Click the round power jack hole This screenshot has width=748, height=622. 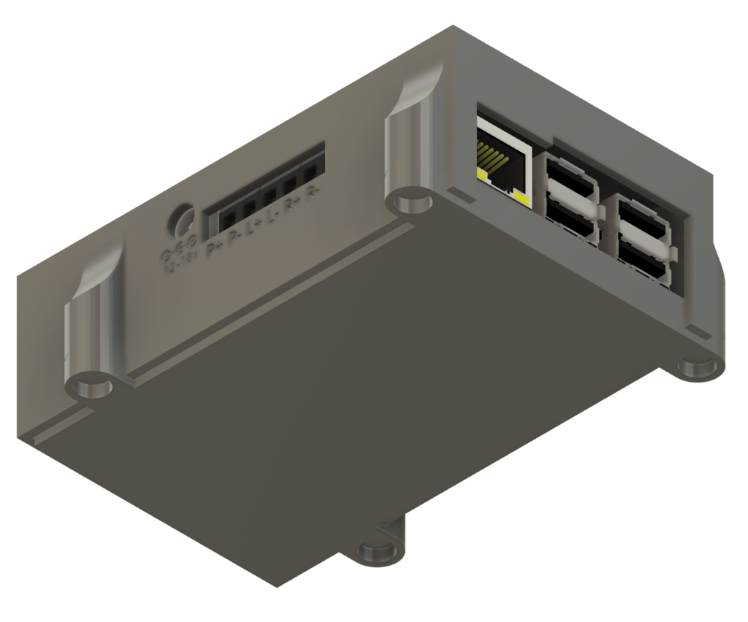click(x=182, y=221)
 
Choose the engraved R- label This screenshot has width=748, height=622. click(x=313, y=193)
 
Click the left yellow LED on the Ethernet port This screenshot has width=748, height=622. click(x=483, y=175)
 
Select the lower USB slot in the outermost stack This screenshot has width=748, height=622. click(x=642, y=263)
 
